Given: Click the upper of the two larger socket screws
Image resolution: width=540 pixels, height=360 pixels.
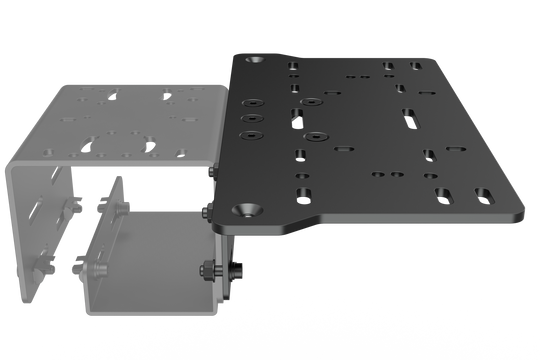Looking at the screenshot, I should (314, 101).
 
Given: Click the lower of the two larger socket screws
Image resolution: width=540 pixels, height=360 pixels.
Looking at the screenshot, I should (314, 135).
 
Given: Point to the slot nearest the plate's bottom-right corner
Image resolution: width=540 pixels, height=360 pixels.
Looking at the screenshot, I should (484, 193).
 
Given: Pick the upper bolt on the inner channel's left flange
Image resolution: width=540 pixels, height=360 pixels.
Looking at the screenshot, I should (119, 212).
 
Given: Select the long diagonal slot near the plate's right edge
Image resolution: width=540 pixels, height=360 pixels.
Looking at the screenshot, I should (409, 119).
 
